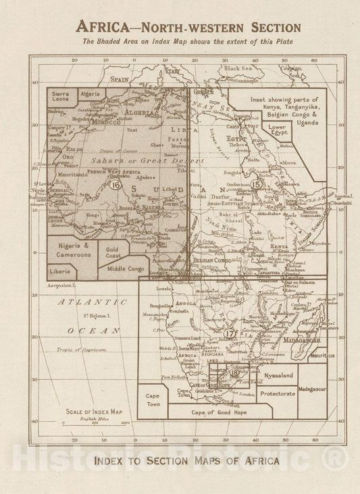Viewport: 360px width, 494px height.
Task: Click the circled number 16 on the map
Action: [x=116, y=185]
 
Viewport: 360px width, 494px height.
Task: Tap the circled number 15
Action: [x=256, y=184]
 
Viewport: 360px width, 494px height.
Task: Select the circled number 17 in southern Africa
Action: [x=230, y=333]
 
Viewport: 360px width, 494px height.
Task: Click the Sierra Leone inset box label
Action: [x=61, y=97]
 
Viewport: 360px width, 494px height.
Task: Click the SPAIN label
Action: [x=120, y=79]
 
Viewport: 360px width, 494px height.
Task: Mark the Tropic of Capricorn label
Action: [x=78, y=350]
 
